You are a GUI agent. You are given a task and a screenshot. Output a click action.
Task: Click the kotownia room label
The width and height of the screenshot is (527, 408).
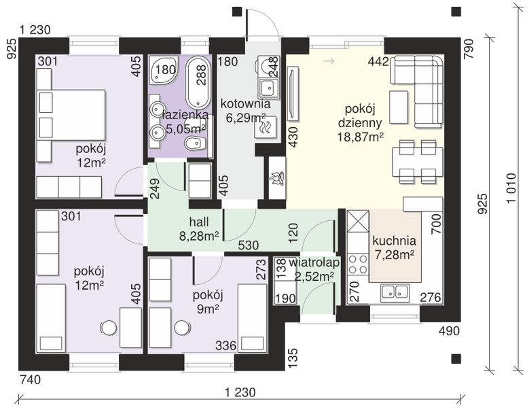tap(245, 103)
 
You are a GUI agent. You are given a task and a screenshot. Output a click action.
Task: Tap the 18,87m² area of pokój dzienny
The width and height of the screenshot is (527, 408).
tap(361, 137)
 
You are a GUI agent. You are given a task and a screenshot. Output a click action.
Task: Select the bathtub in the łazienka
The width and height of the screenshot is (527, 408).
tap(198, 82)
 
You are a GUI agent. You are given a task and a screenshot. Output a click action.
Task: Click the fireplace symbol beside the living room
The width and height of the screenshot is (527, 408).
tap(277, 177)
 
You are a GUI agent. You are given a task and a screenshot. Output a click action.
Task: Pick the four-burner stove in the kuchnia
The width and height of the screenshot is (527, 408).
tap(358, 265)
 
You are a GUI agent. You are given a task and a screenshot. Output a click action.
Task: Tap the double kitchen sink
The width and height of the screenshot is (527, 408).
tap(395, 292)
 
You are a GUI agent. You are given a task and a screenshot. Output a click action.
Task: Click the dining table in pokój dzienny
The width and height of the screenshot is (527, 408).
tap(417, 162)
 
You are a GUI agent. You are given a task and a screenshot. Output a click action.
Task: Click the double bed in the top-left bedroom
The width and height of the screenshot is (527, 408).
tap(71, 114)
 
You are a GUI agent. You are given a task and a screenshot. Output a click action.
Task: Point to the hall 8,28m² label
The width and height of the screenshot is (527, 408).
tap(199, 229)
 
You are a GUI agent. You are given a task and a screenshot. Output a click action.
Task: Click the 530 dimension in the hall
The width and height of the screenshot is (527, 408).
tap(249, 245)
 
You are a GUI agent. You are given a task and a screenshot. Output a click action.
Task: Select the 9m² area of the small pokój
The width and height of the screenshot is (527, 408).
tap(208, 309)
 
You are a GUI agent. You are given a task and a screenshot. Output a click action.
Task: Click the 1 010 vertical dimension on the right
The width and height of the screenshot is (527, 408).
tap(511, 188)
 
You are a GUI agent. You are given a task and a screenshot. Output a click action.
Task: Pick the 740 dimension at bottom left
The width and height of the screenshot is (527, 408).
tap(31, 379)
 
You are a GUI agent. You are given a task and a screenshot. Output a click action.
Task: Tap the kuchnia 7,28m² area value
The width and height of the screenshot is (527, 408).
tap(394, 255)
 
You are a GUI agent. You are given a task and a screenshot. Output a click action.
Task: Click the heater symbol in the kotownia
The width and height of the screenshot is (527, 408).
tap(266, 127)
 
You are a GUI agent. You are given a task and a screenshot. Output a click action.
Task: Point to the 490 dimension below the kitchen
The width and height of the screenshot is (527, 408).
tap(449, 331)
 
